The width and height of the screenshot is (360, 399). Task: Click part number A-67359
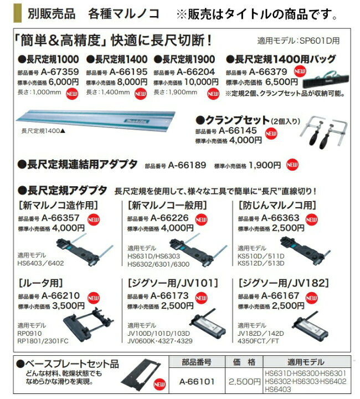[x=60, y=71]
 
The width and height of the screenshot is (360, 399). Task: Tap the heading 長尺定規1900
[x=184, y=59]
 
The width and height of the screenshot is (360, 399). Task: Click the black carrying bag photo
[x=326, y=80]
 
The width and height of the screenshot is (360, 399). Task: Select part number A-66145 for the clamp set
[x=238, y=131]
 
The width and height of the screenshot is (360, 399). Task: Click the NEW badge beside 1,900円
[x=292, y=165]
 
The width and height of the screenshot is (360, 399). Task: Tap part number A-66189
[x=187, y=165]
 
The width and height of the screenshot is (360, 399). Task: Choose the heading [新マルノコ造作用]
[x=59, y=205]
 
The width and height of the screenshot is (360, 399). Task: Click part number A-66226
[x=169, y=218]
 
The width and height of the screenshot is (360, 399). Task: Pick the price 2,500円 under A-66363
[x=288, y=228]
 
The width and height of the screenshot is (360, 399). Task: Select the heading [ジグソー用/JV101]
[x=173, y=283]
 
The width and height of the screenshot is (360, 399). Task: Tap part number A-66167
[x=280, y=296]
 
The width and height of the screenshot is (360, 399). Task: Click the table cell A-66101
[x=197, y=381]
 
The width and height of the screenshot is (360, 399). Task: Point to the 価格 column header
[x=244, y=362]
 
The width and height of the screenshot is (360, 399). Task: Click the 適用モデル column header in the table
[x=306, y=362]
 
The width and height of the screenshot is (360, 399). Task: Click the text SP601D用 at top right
[x=320, y=40]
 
